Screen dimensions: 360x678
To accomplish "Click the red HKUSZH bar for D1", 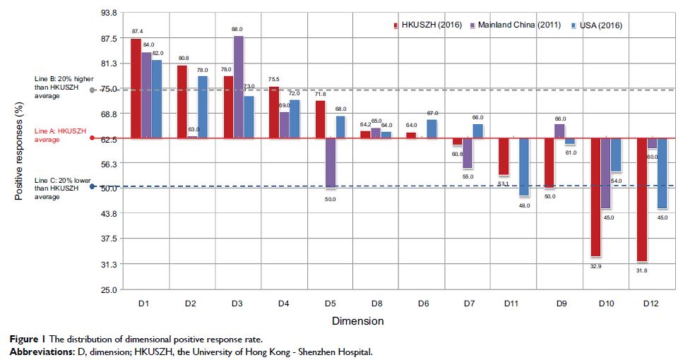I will [x=136, y=88].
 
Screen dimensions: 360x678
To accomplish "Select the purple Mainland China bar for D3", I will [x=239, y=87].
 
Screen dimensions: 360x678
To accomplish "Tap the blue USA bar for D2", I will [x=202, y=107].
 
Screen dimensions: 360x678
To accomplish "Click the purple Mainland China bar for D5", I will [x=330, y=163].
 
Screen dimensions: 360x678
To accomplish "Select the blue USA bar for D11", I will [x=523, y=167].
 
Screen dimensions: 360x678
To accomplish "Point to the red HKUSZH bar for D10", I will [x=595, y=197].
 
